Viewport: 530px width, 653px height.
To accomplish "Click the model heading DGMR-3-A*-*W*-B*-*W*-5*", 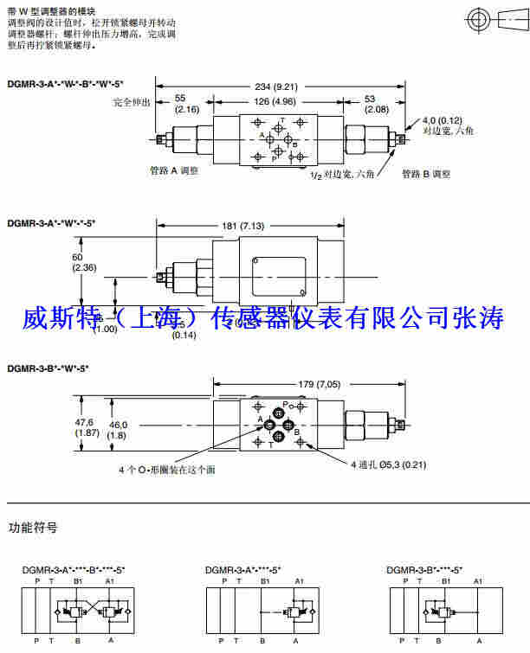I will pos(65,84).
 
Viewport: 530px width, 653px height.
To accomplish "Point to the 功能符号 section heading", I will pos(33,527).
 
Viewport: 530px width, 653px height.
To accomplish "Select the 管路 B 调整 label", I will pos(426,174).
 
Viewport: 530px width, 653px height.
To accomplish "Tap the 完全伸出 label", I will pos(132,102).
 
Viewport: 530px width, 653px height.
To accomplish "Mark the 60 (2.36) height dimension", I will pos(85,262).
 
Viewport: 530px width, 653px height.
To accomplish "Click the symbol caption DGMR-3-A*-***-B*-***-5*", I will pos(74,570).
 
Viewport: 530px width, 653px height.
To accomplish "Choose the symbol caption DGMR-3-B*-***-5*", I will pos(424,570).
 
